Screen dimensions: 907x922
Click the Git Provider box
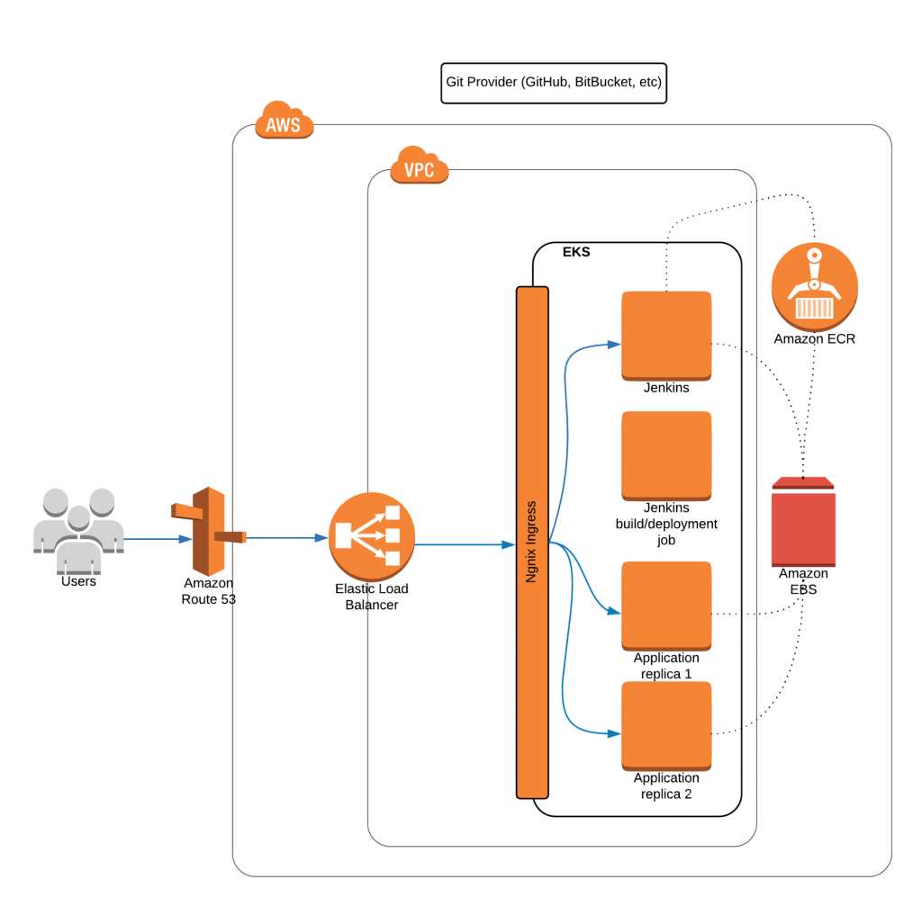[x=554, y=82]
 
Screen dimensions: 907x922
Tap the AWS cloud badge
[x=284, y=121]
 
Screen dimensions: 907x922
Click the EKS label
[x=576, y=253]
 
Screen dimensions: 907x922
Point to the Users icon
[x=78, y=531]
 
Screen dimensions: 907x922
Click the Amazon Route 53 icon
[x=208, y=532]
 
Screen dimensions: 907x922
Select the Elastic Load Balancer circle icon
[x=372, y=537]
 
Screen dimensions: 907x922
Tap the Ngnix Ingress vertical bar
[x=532, y=542]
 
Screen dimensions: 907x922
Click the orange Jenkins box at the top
[x=666, y=335]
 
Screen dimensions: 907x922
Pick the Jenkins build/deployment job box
[x=666, y=455]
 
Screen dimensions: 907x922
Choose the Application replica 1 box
[x=666, y=606]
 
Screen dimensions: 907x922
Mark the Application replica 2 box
[x=666, y=725]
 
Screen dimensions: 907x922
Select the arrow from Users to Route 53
[x=157, y=540]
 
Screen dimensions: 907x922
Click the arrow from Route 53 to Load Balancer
[x=286, y=538]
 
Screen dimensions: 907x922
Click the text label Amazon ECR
[x=815, y=339]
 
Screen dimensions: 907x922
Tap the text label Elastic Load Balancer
[x=371, y=597]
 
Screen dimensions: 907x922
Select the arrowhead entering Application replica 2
[x=614, y=733]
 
